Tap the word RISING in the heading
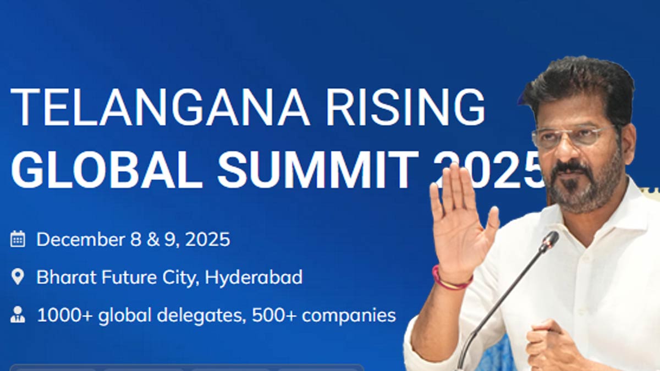405,107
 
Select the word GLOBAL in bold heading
107,169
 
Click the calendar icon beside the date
18,239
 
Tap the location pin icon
18,277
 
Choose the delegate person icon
18,314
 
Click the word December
81,239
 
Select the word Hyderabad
254,278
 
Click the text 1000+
65,315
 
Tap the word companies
349,316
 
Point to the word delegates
201,315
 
